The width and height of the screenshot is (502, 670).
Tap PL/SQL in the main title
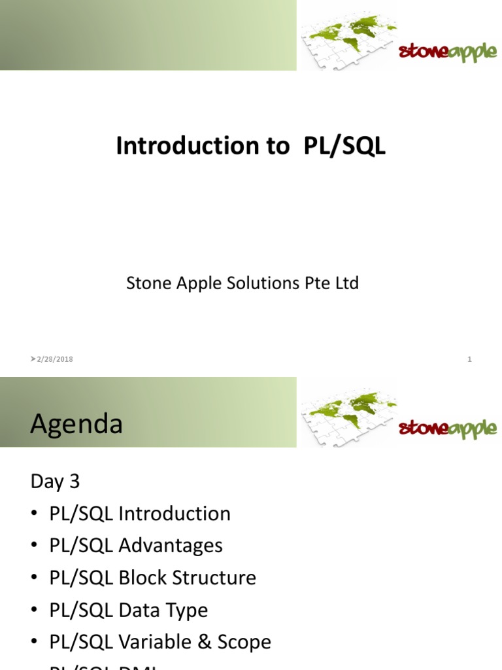tap(344, 147)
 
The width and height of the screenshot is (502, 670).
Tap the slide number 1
tap(469, 359)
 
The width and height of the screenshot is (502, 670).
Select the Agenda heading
tap(76, 424)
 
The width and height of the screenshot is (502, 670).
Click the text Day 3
tap(55, 482)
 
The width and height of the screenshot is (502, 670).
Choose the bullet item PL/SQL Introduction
tap(140, 514)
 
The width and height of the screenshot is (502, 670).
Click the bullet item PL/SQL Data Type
tap(128, 610)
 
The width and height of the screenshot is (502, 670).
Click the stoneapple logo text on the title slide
tap(448, 52)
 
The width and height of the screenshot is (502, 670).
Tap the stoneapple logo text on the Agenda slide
tap(448, 429)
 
